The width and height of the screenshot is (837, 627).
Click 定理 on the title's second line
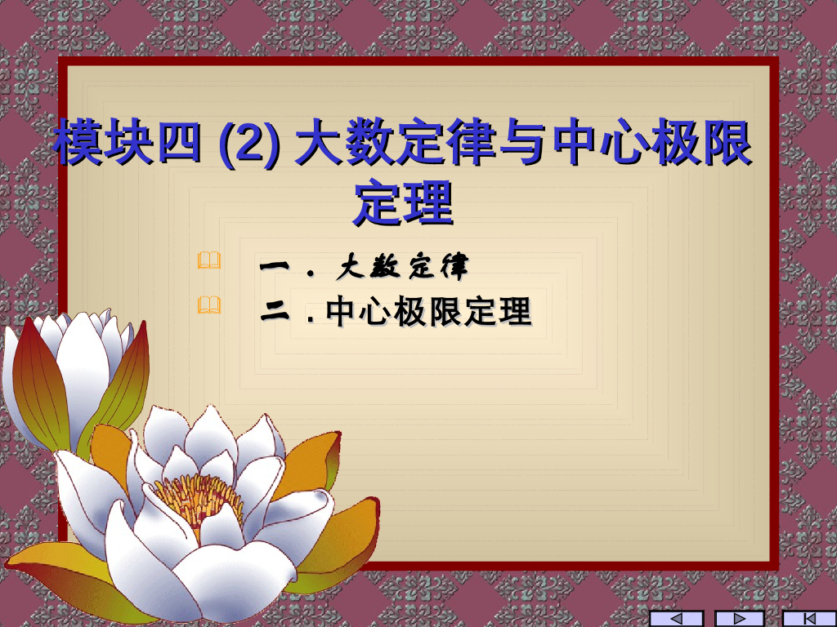(x=403, y=202)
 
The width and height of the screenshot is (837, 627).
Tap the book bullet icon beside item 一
(x=209, y=261)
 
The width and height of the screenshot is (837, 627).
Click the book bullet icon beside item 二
(x=209, y=306)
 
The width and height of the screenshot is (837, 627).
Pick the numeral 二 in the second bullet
(x=276, y=312)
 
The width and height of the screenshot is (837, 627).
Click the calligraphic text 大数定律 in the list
(x=403, y=265)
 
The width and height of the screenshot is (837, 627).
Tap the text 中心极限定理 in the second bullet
(x=428, y=312)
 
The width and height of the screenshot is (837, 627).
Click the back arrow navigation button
(x=675, y=618)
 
